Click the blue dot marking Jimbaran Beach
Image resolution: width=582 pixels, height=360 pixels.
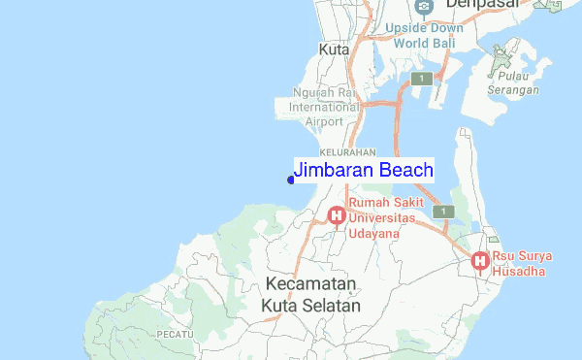tap(291, 179)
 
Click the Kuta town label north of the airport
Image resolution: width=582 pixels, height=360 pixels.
tap(334, 49)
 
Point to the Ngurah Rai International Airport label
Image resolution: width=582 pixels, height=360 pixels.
tap(325, 107)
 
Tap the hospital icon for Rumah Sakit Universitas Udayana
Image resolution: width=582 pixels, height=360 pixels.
tap(337, 214)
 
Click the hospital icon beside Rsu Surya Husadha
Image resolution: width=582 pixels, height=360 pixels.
tap(479, 260)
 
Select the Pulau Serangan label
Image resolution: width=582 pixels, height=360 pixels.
tap(515, 82)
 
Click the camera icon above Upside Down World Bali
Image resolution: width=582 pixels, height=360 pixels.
tap(423, 8)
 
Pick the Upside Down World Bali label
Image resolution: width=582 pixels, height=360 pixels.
tap(423, 36)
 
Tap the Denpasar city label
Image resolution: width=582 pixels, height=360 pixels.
tap(478, 5)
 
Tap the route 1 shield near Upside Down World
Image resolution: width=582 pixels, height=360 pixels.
tap(421, 79)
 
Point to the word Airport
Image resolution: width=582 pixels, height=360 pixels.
tap(324, 121)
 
